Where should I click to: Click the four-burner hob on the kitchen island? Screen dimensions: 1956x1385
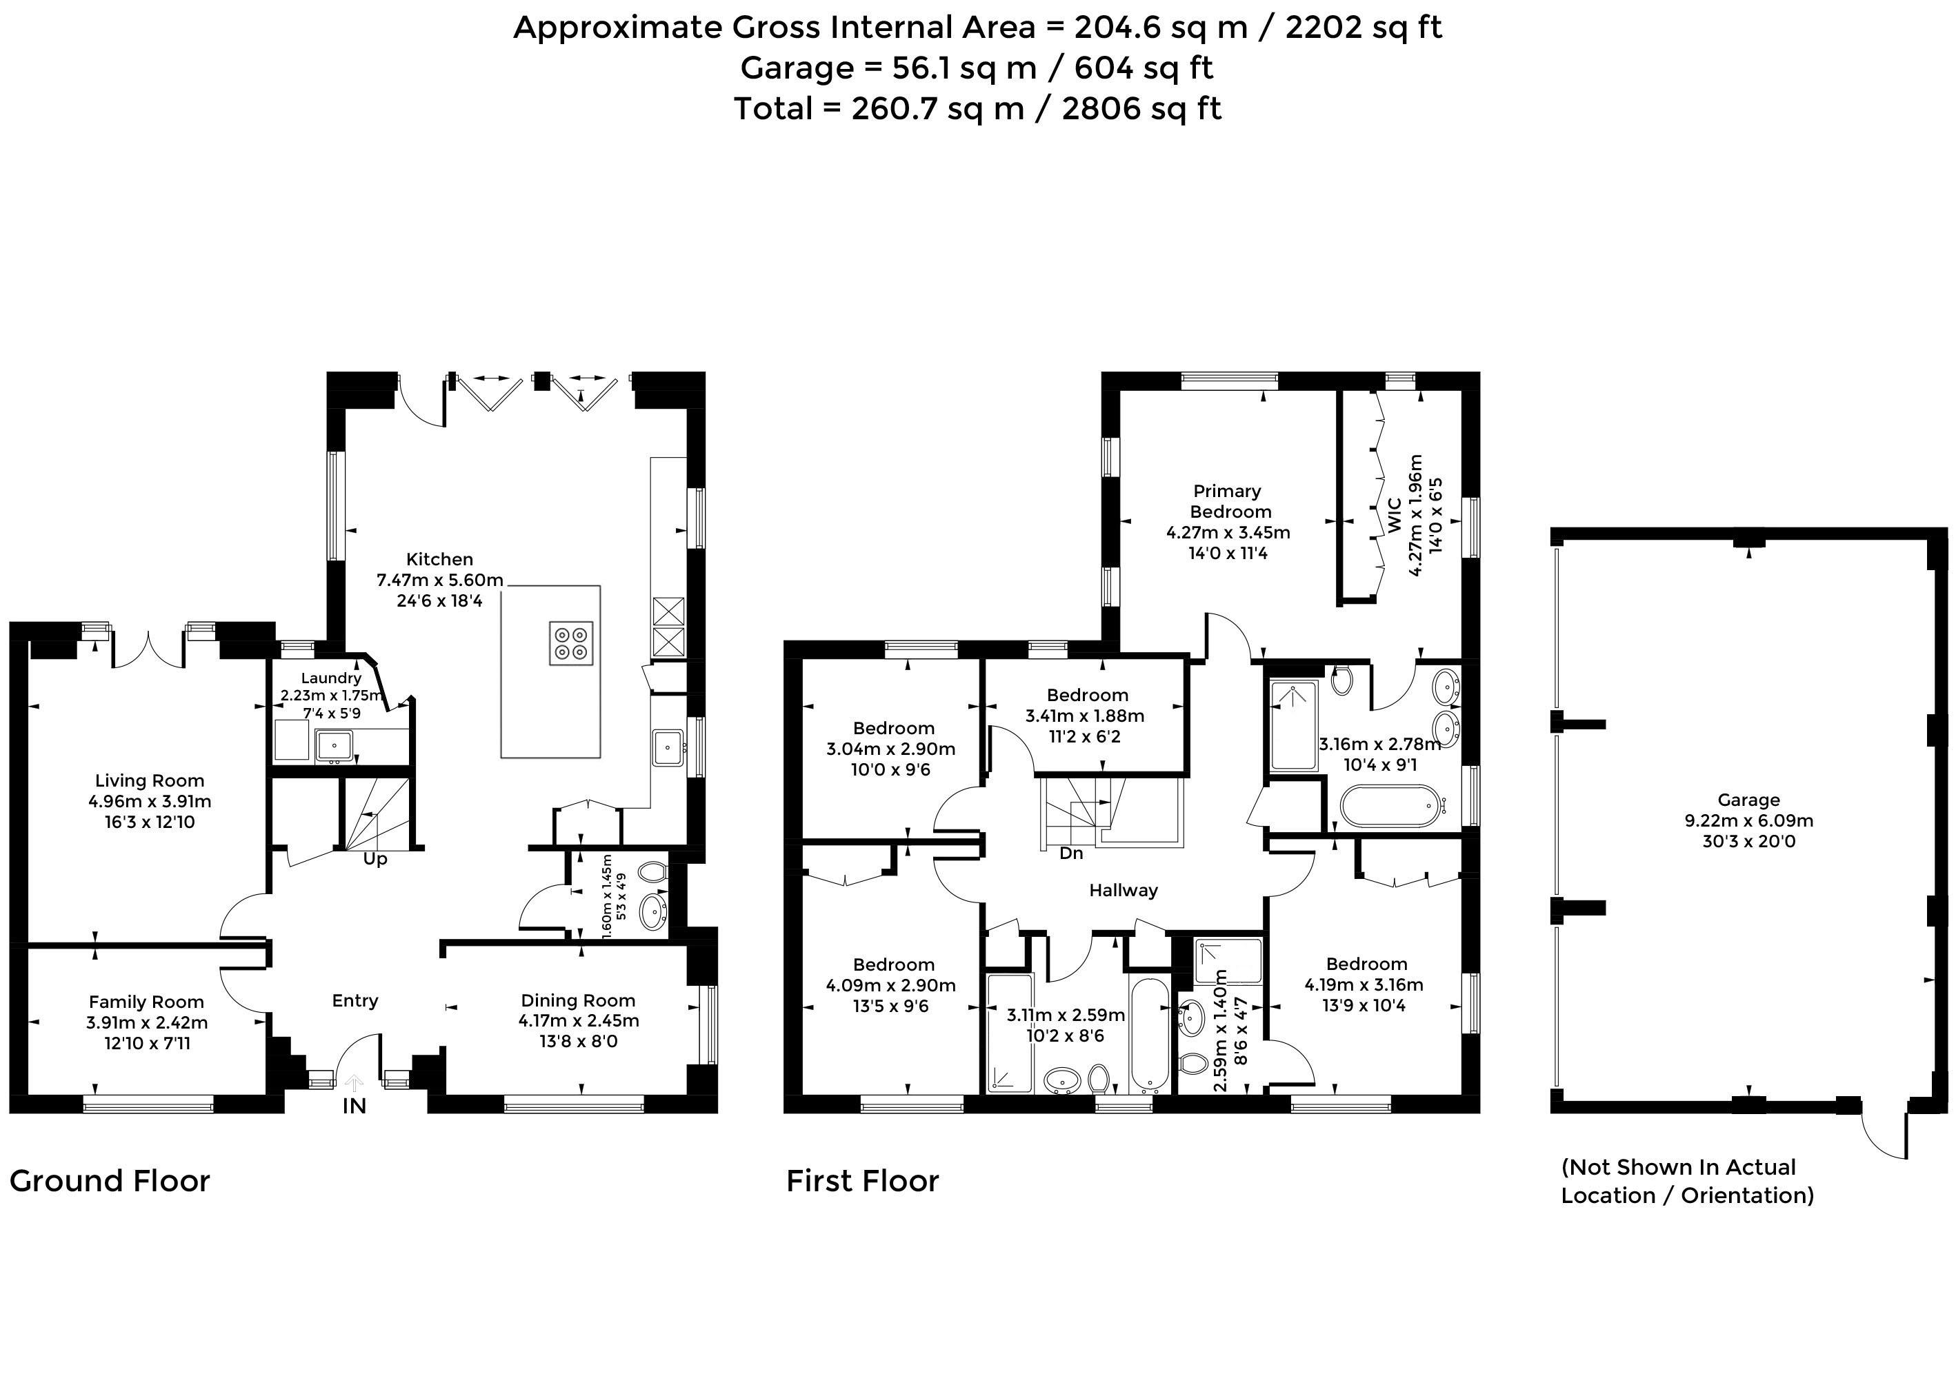click(570, 643)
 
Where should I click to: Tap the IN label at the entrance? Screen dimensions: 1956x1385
click(354, 1106)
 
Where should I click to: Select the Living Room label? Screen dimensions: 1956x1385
click(149, 780)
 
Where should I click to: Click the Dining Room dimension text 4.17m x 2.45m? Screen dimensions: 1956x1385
click(579, 1021)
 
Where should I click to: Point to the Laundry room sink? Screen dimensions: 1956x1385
click(335, 746)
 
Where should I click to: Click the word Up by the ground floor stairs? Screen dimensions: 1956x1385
click(375, 859)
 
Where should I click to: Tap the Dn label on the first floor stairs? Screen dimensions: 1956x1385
click(1071, 853)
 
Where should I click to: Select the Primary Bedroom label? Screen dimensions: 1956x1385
click(1229, 501)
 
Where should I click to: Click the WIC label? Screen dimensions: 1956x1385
click(1395, 516)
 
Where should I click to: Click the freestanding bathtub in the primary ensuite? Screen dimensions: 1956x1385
click(1390, 805)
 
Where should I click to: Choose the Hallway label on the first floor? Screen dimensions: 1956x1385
click(1124, 891)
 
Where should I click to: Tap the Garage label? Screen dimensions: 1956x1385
click(1748, 800)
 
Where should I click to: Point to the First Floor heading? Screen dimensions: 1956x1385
click(862, 1181)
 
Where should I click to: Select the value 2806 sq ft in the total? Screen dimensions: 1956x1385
click(1141, 108)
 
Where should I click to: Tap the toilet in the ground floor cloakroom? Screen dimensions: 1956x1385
click(652, 871)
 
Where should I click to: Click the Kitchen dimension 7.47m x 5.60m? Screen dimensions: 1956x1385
click(440, 580)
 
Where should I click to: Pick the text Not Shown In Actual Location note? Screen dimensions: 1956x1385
click(1686, 1181)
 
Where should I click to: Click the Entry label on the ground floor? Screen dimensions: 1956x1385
click(355, 1001)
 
